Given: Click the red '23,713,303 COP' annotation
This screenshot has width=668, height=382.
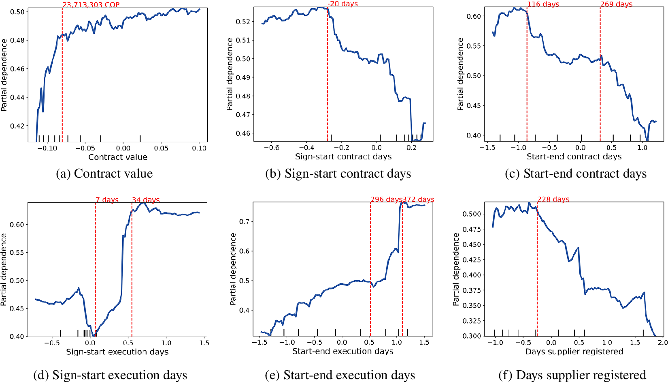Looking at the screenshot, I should point(91,5).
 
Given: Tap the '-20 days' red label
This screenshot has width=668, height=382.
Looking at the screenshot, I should point(343,4).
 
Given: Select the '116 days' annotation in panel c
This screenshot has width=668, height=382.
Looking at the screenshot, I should point(543,4).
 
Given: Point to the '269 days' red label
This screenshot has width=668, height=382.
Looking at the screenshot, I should point(616,4).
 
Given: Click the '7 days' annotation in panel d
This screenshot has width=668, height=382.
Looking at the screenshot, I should point(107,200).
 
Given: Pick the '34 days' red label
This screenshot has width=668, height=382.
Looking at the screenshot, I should point(146,200).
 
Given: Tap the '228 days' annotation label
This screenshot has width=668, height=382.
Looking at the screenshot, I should point(553,200).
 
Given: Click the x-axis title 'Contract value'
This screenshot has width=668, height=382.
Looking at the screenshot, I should point(118,157).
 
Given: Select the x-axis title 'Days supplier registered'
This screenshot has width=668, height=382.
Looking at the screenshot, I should point(574,352).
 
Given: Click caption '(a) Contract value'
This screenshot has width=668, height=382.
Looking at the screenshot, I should point(104,174).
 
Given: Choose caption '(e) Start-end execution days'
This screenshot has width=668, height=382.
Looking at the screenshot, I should point(340,375).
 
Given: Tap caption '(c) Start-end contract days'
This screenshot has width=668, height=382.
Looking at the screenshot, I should point(575,174).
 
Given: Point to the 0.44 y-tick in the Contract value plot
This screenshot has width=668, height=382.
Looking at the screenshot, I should point(17,97).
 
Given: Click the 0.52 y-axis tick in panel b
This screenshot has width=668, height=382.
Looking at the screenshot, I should point(243,21).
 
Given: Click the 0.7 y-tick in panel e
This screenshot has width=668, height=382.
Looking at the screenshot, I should point(244,221).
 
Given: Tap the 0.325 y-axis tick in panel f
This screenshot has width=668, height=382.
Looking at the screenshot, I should point(472,321).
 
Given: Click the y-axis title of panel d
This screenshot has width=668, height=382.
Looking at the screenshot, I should point(4,269).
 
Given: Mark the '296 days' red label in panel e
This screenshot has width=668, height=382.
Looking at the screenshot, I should point(386,200).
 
